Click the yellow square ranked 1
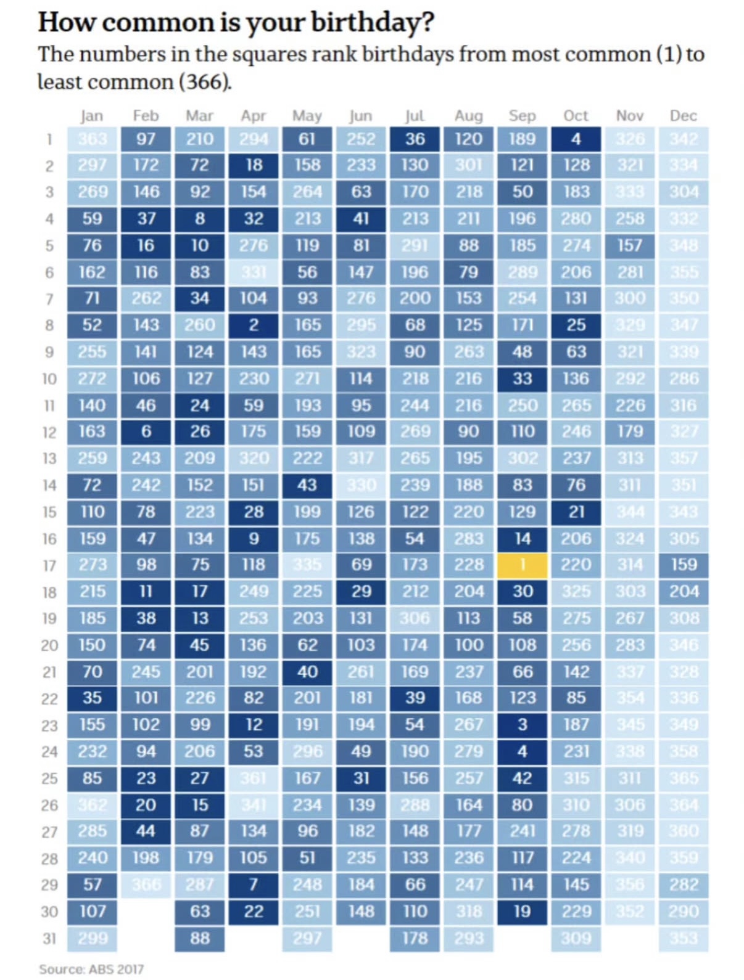(522, 565)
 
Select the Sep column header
(522, 116)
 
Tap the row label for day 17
(49, 565)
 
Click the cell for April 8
(254, 325)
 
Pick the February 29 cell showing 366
(146, 884)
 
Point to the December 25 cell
(684, 778)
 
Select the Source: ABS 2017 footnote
(91, 969)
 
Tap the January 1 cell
(92, 139)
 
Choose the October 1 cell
(576, 139)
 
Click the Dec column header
(684, 116)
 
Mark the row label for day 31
(49, 939)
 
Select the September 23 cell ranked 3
(522, 724)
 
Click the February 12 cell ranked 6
(146, 431)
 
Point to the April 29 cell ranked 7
(254, 884)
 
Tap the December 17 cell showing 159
(684, 565)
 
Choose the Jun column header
(361, 116)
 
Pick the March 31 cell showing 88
(200, 938)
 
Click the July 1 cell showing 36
(415, 139)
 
